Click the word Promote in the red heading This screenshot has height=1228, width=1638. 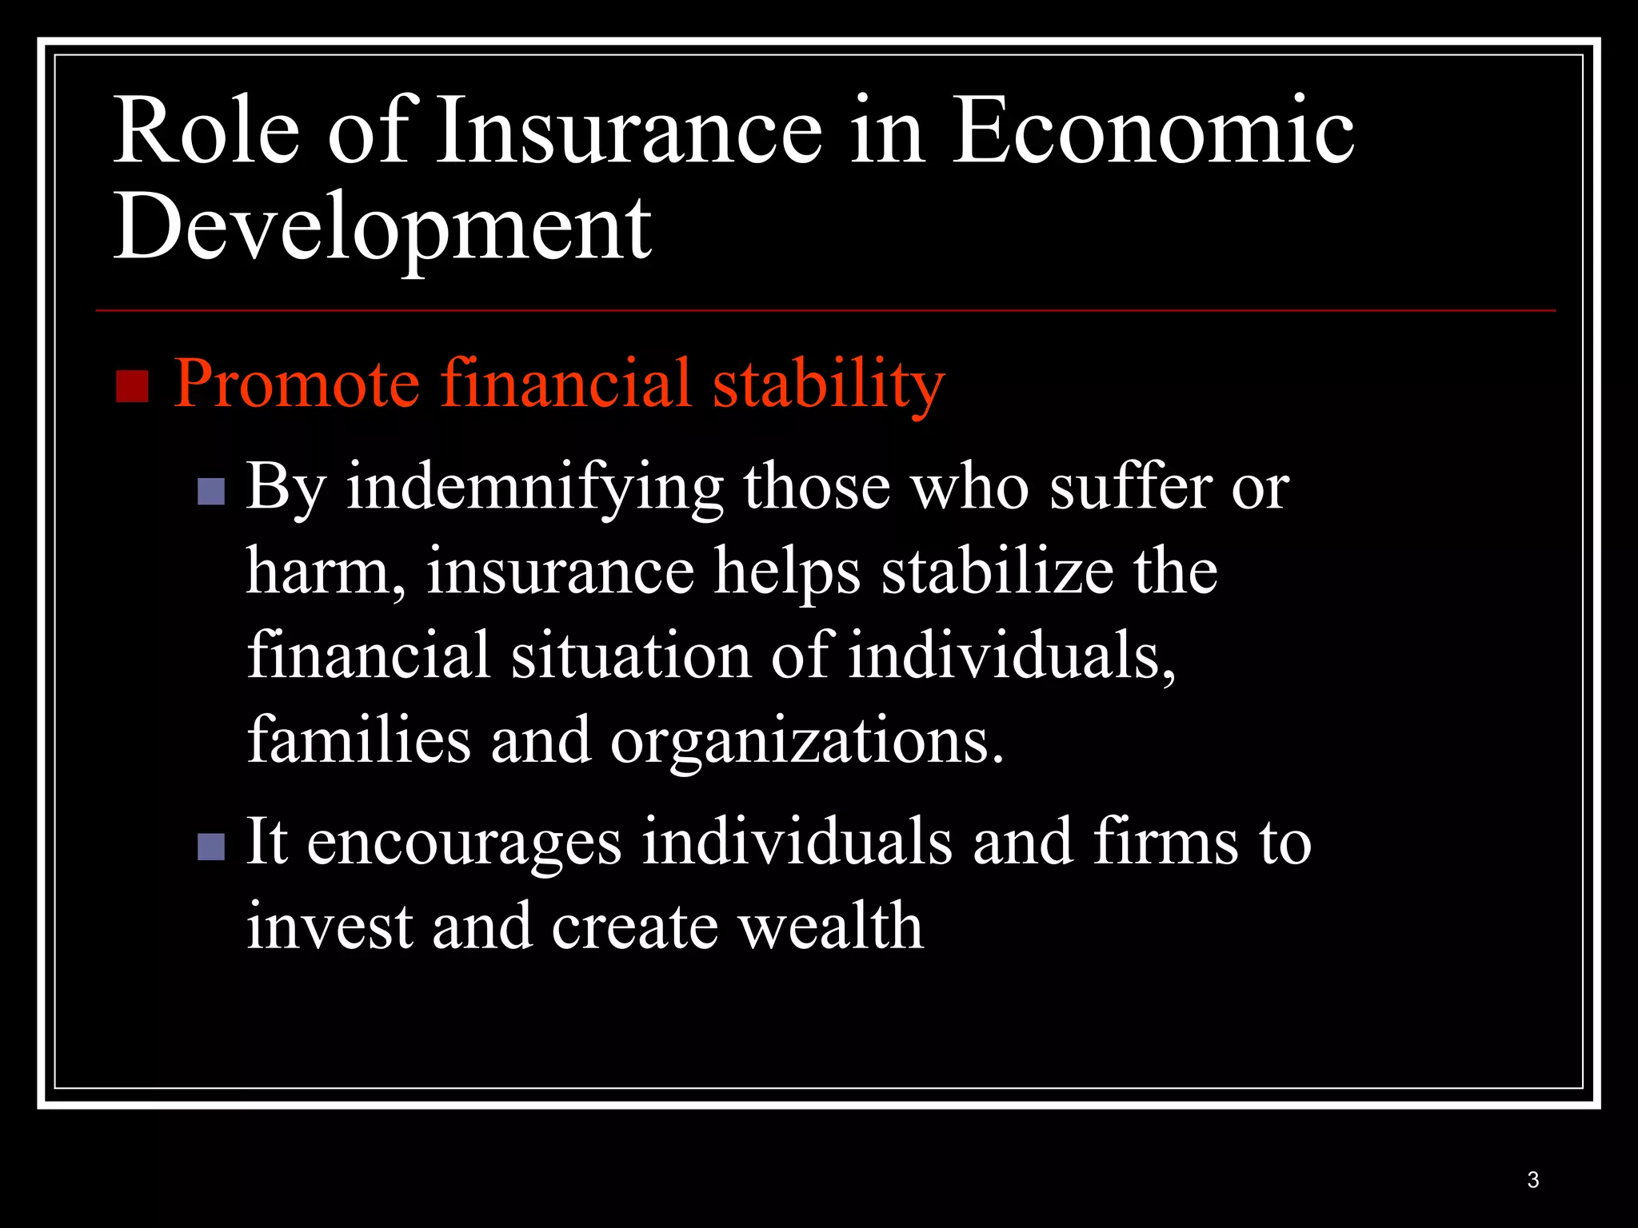tap(296, 384)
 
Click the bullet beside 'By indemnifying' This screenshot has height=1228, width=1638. tap(211, 492)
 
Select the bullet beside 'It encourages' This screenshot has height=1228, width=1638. tap(211, 847)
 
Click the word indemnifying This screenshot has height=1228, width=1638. tap(534, 488)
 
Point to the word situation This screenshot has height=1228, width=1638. tap(631, 656)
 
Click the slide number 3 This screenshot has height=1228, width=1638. tap(1532, 1180)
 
